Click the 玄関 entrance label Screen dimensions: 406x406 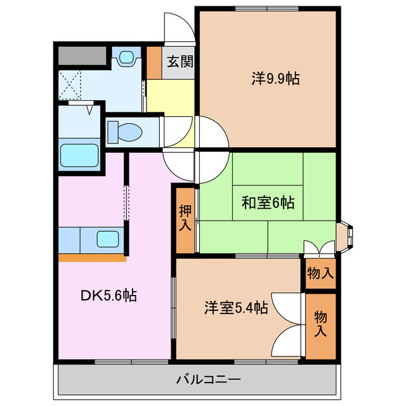(180, 62)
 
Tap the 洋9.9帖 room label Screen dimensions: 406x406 (275, 79)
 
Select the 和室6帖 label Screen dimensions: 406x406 (267, 203)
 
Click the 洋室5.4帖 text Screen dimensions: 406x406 (235, 308)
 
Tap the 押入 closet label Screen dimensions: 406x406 (185, 218)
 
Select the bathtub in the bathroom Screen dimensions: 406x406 (79, 155)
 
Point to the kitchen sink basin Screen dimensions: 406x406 (108, 240)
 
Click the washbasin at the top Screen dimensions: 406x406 (128, 58)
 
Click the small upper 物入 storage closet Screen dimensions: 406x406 (320, 273)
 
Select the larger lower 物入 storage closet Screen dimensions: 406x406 (320, 324)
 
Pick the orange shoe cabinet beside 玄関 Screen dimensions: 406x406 (154, 62)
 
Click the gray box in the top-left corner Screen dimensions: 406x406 (82, 56)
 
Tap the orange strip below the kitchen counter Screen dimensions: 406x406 (92, 258)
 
